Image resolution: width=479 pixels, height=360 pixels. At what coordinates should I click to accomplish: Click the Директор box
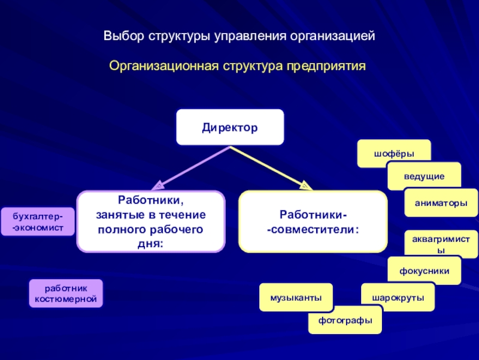pos(230,127)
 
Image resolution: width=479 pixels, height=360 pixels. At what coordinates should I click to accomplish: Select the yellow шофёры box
pos(394,153)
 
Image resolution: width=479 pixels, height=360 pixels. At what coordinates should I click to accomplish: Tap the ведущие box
pos(424,176)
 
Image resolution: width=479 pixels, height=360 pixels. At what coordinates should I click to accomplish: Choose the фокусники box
pos(425,271)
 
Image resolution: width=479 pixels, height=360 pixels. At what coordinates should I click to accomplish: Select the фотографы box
pos(345,320)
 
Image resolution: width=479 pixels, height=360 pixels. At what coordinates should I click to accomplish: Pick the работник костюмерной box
pos(66,293)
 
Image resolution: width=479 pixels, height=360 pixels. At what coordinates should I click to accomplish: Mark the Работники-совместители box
pos(313,221)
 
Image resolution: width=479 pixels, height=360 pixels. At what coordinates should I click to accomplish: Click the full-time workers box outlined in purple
pos(151,221)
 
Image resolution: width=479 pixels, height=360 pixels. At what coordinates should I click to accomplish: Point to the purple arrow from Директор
pos(189,166)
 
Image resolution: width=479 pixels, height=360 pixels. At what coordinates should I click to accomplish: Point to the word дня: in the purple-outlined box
pos(151,243)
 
